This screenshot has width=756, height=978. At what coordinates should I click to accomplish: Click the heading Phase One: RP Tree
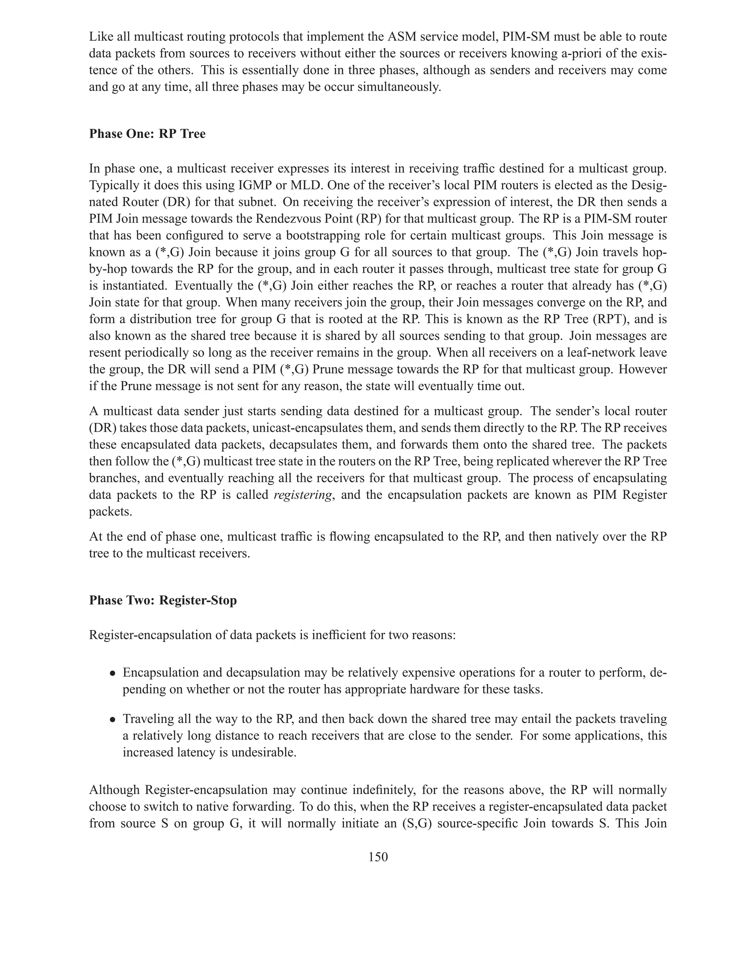(x=147, y=134)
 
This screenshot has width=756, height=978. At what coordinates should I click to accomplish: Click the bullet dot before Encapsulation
(x=113, y=674)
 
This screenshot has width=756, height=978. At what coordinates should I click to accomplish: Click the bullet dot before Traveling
(x=113, y=720)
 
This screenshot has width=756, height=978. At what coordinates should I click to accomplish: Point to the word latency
(x=194, y=752)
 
